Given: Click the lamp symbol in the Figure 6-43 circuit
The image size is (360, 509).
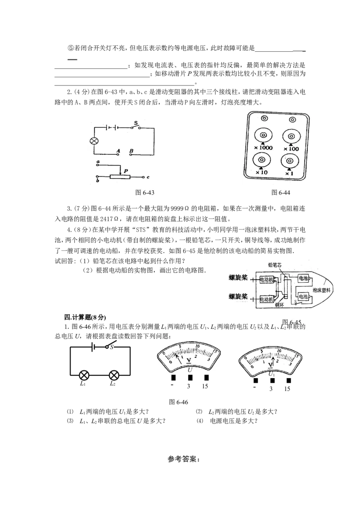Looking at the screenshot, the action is [94, 141].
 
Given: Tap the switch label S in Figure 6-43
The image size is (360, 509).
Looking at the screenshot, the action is [136, 123].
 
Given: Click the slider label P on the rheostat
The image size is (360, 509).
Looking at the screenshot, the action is [126, 171].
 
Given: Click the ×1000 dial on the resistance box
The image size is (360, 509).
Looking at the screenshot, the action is [263, 135].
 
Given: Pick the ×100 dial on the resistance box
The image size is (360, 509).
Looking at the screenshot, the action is [291, 136].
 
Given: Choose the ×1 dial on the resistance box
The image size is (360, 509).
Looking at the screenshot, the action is [289, 161].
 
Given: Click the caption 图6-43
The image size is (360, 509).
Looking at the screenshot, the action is [144, 192].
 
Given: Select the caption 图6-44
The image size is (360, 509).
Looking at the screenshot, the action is [281, 192].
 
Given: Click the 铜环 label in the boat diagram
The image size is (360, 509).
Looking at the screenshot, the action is [279, 305].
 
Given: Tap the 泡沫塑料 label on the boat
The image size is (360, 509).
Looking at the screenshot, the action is [321, 290].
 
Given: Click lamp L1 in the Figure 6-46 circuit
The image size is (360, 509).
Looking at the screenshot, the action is [84, 375].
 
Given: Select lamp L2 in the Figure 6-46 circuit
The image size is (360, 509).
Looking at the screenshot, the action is [113, 375].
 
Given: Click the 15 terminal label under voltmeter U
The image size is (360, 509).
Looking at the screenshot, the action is [205, 386].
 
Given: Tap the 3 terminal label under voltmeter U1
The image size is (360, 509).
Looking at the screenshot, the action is [270, 388].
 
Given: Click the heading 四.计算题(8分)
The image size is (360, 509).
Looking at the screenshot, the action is [85, 317].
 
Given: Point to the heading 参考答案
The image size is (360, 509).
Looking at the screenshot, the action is [184, 460].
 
